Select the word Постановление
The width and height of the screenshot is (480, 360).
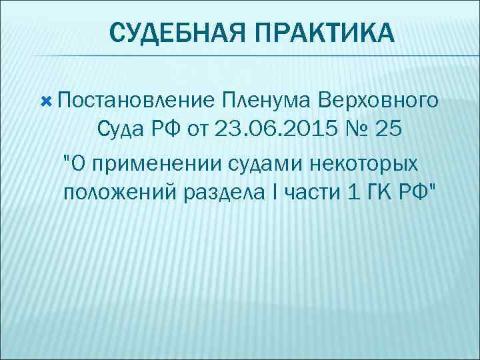tap(136, 101)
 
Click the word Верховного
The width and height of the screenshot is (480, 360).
tap(378, 101)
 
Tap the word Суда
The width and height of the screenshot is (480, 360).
tap(125, 129)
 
